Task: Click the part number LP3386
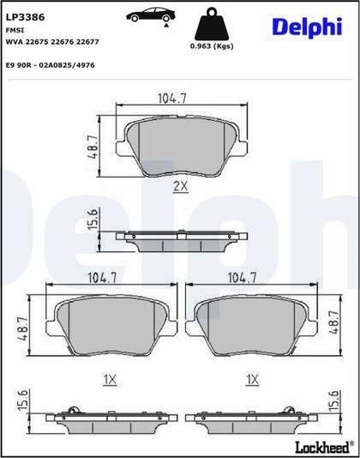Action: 25,17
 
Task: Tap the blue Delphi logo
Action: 307,27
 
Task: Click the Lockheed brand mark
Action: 325,447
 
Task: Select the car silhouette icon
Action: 151,15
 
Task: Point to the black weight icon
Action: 212,24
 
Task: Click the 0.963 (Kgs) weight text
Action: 212,46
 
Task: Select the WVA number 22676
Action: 63,42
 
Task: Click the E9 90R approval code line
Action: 51,65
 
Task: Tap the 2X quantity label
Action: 181,186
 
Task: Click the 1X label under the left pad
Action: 110,380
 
